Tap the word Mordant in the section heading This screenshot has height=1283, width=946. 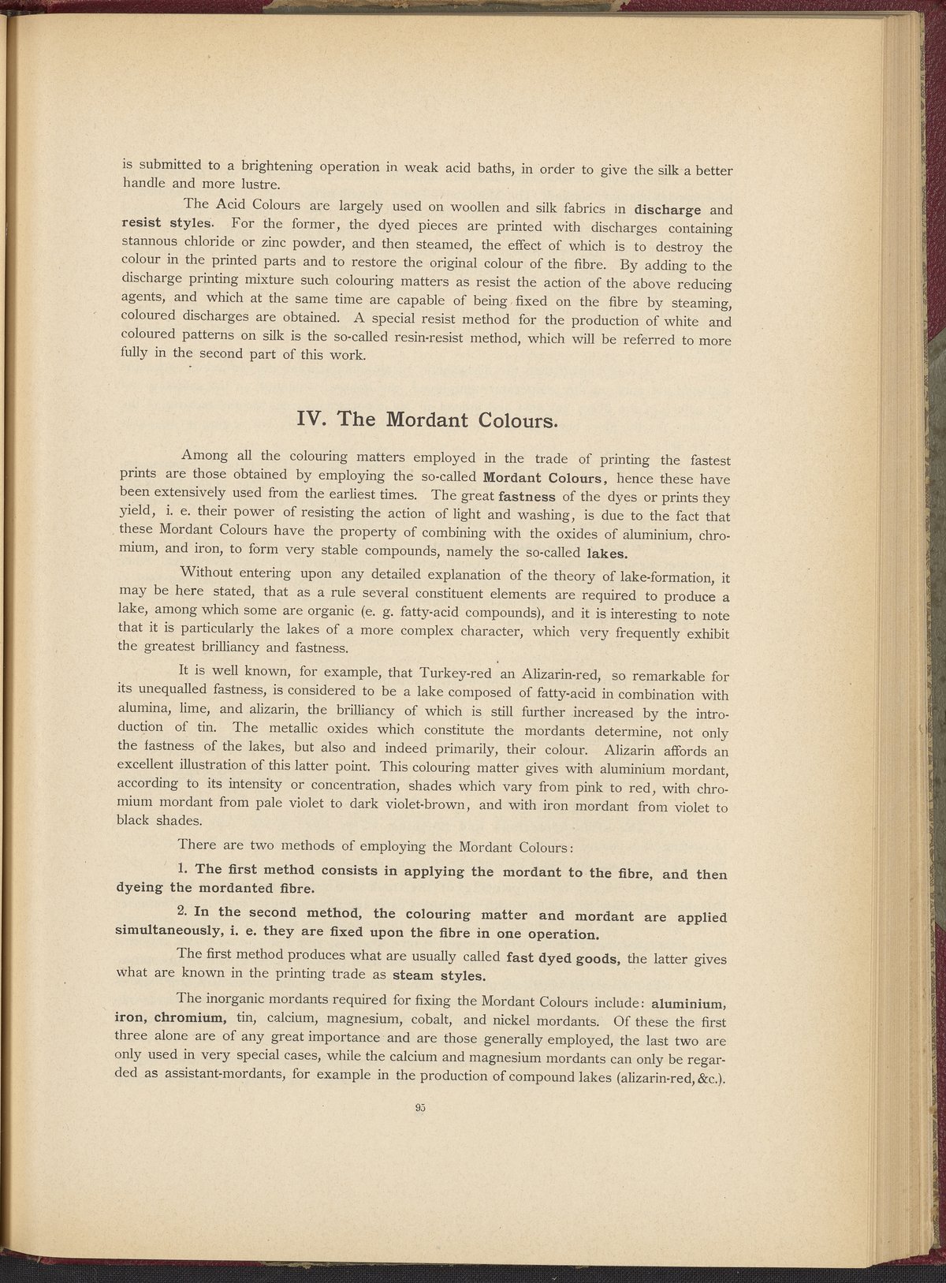tap(426, 419)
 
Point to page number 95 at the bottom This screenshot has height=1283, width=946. tap(419, 1107)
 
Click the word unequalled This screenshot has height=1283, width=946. tap(180, 692)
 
